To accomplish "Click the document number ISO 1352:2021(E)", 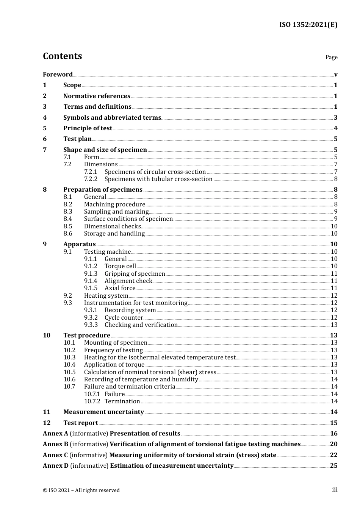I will pos(308,25).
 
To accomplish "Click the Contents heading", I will pos(62,56).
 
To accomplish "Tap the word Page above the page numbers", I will pos(331,57).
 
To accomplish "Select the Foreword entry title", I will pos(58,74).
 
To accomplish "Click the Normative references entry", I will pos(97,96).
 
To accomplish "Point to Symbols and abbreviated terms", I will pos(112,117).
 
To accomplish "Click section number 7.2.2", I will pos(91,179).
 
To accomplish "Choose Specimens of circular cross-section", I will pos(155,172).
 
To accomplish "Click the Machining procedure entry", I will pos(114,204).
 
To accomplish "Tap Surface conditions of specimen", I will pos(128,219).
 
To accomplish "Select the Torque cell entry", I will pos(120,266).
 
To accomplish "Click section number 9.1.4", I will pos(91,281).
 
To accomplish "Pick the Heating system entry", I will pos(106,295).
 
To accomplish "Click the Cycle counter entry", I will pos(124,317).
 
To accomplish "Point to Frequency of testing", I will pos(113,350).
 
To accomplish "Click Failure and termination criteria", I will pos(130,386).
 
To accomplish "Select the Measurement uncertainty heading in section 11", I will pos(103,412).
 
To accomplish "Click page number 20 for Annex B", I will pos(333,444).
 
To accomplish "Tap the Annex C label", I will pos(55,455).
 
